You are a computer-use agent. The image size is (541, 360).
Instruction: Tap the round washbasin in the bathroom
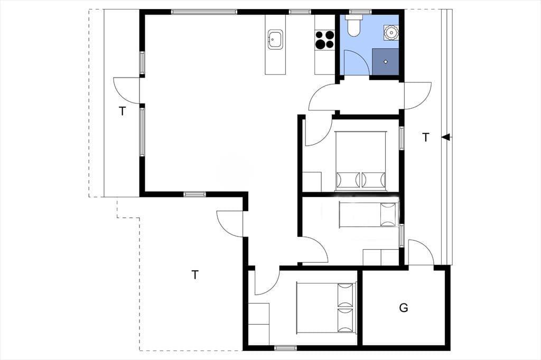point(391,32)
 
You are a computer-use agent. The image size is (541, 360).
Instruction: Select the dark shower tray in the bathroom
point(385,62)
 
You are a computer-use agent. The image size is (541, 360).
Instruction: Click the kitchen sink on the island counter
point(275,39)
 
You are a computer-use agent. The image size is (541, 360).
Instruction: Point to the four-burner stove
point(325,39)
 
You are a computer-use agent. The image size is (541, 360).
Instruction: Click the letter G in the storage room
point(403,308)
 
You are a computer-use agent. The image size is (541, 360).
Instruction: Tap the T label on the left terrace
point(122,111)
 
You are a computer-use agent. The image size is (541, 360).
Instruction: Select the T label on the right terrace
point(426,137)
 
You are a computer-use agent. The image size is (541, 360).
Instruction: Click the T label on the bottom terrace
point(195,275)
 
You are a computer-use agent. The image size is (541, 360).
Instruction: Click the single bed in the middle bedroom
point(368,214)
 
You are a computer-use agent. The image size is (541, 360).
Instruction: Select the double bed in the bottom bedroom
point(326,308)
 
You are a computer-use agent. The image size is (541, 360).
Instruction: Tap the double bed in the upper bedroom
point(360,160)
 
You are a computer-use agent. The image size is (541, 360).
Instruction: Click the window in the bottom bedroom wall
point(285,348)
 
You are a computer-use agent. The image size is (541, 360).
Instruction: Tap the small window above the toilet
point(356,12)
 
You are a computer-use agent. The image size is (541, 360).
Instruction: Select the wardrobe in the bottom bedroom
point(259,324)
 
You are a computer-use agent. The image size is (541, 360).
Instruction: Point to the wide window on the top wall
point(204,12)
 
